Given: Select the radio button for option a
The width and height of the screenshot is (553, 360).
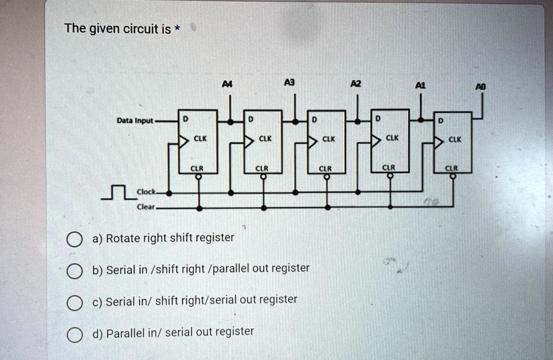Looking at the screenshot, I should (75, 240).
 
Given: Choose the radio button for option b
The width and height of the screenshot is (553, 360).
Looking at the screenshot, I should (75, 272).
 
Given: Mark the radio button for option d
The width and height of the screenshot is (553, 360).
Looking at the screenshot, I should (75, 336).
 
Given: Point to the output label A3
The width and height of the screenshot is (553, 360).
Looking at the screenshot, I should (291, 83).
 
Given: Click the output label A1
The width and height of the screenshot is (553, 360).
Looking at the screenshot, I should (421, 85).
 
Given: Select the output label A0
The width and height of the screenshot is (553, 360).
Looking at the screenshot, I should (480, 86).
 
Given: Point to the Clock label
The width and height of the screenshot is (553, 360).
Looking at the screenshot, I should (146, 192).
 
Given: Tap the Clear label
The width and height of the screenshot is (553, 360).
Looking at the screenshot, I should (146, 207).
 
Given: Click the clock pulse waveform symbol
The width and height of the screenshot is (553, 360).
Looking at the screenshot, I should (117, 192).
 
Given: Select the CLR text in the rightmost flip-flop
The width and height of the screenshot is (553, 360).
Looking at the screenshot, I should (451, 168).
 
